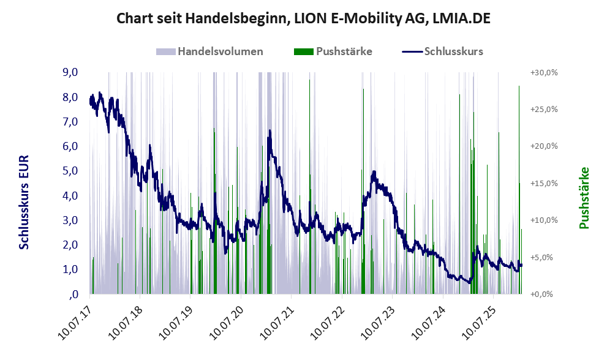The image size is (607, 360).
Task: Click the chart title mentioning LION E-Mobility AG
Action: coord(303,19)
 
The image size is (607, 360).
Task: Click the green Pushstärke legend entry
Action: coord(344,51)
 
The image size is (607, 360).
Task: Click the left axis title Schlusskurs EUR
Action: coord(25,202)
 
